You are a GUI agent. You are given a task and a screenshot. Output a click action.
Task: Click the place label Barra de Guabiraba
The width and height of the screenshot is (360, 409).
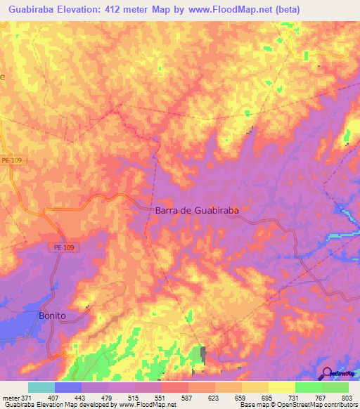click(x=198, y=210)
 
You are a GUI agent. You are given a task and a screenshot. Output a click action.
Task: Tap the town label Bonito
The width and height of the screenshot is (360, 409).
click(x=53, y=316)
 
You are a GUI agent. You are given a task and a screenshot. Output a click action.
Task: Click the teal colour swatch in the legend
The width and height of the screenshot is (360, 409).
click(x=41, y=387)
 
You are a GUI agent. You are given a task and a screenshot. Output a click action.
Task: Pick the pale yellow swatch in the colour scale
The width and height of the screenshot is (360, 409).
click(x=281, y=387)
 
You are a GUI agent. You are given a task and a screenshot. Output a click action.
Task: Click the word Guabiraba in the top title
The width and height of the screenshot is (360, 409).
click(x=36, y=10)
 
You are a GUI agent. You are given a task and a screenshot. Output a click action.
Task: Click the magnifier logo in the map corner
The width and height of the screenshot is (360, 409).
click(x=328, y=374)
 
